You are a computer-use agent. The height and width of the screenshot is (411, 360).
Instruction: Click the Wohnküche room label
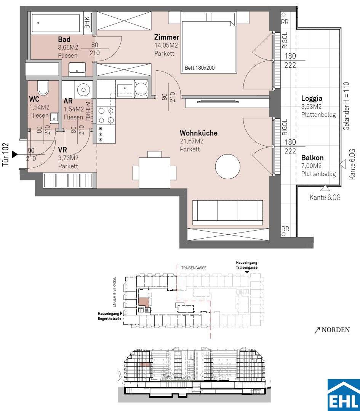click(x=198, y=133)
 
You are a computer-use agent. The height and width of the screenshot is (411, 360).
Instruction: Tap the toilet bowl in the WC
click(x=43, y=88)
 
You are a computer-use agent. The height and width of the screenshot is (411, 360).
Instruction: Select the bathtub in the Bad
click(x=56, y=23)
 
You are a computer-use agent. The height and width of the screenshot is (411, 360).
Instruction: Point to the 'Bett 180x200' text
click(x=200, y=68)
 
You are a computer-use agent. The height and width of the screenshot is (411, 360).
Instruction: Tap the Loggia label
click(x=312, y=99)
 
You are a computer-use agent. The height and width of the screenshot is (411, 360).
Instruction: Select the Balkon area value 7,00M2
click(x=312, y=166)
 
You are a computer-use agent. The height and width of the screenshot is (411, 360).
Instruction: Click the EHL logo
click(x=344, y=395)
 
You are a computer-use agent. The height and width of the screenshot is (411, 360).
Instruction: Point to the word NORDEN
click(x=336, y=330)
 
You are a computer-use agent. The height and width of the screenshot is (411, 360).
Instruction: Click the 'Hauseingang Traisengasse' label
click(x=246, y=265)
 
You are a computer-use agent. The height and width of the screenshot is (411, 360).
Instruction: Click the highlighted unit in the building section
click(x=145, y=364)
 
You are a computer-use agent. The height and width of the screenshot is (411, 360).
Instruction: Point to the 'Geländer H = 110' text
click(x=346, y=106)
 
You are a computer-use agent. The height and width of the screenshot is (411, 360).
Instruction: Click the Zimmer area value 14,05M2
click(x=166, y=45)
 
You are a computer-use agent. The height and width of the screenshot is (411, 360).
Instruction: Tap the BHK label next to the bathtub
click(x=87, y=22)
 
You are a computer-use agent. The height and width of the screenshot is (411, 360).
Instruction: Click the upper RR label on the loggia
click(x=285, y=22)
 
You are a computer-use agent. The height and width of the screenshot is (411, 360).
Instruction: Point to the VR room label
click(x=62, y=150)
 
